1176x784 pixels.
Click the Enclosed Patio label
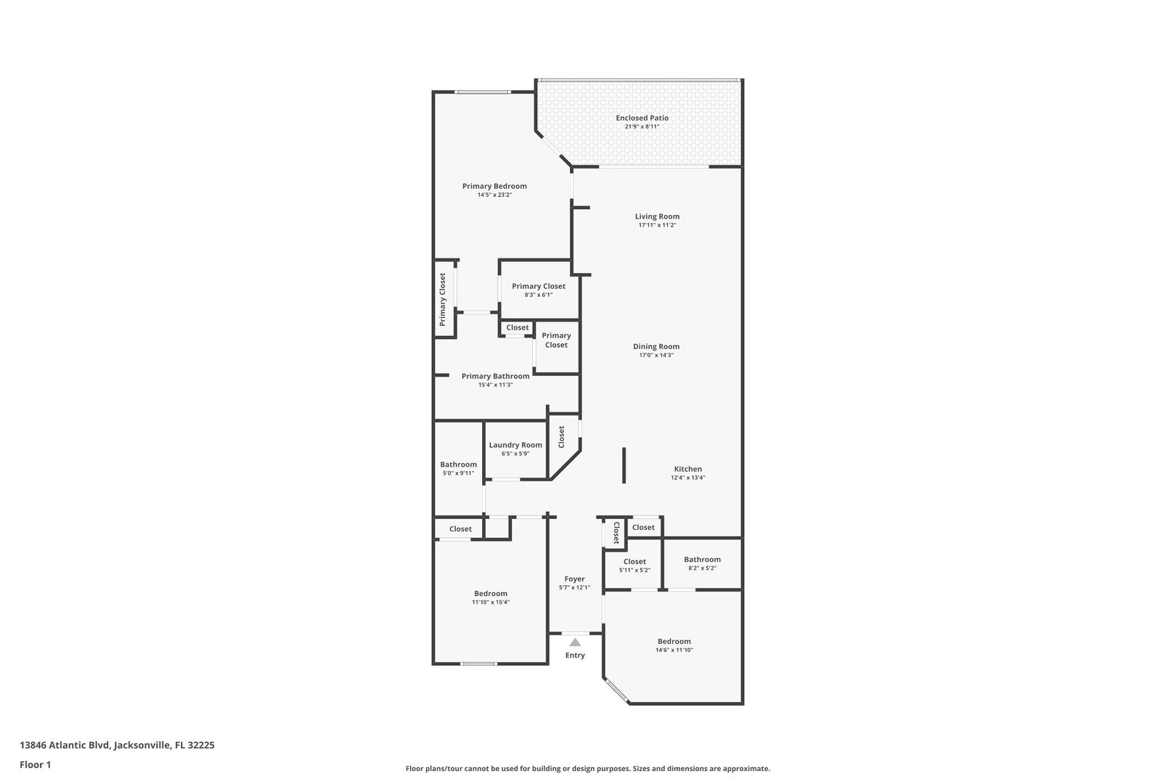642,118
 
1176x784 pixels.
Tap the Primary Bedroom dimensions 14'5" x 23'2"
494,195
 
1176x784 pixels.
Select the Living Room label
657,216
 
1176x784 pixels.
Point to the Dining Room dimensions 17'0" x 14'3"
656,355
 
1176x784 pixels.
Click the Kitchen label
687,469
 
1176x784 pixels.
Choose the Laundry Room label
515,445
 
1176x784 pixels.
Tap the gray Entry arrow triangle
576,642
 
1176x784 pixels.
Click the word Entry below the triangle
575,656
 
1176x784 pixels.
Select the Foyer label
574,579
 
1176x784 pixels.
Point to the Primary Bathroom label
496,376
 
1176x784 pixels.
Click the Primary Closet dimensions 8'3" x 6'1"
539,295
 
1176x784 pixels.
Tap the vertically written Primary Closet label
443,299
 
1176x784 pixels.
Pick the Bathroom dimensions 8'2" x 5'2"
703,568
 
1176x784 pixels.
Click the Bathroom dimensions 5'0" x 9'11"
458,473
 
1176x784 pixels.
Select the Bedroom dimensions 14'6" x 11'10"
674,650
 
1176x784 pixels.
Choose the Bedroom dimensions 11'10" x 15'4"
491,603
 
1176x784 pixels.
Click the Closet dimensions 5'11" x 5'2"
634,571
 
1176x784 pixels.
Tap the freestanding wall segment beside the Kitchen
624,465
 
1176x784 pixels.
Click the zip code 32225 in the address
201,745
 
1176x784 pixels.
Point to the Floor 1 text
35,764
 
